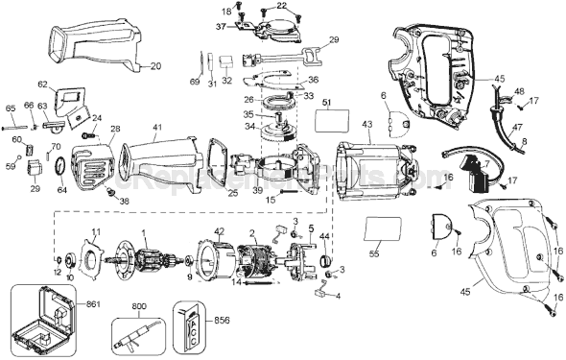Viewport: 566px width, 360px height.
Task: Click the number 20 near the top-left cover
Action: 155,65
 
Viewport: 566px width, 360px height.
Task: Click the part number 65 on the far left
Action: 10,108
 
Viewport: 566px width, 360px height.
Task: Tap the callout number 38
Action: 122,202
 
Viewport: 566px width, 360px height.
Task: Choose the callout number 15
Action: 271,199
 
